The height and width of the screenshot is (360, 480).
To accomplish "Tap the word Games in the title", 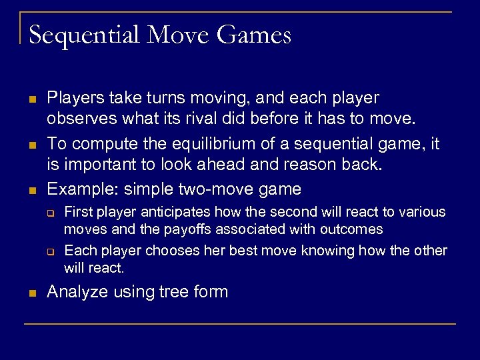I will (253, 35).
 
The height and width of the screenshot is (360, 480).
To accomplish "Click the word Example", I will (77, 189).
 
